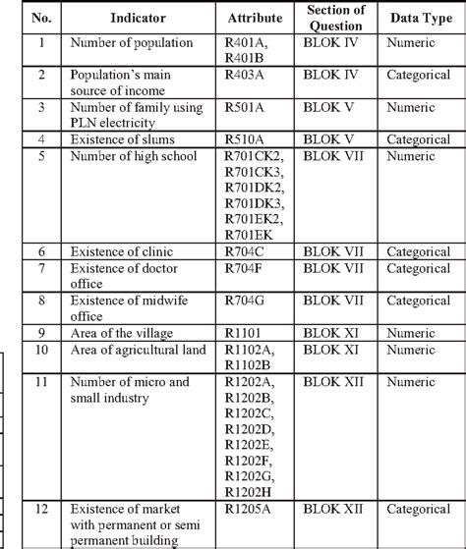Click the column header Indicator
pos(124,19)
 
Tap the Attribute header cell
pos(255,19)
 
